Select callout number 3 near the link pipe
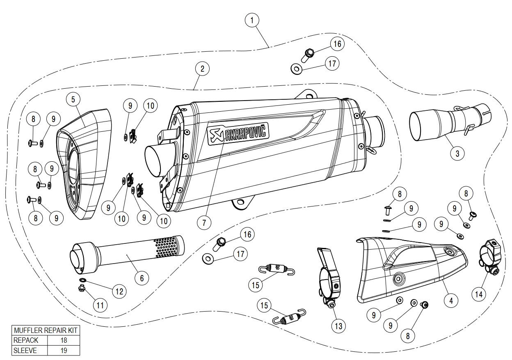click(457, 153)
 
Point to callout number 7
click(204, 223)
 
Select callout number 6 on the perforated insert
click(142, 278)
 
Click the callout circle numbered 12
click(119, 291)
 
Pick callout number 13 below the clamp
click(339, 326)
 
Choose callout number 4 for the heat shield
click(451, 300)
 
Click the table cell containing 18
click(63, 340)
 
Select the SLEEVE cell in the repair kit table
click(30, 350)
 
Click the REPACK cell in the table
click(30, 340)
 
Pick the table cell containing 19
click(63, 350)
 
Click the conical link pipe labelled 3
click(435, 121)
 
